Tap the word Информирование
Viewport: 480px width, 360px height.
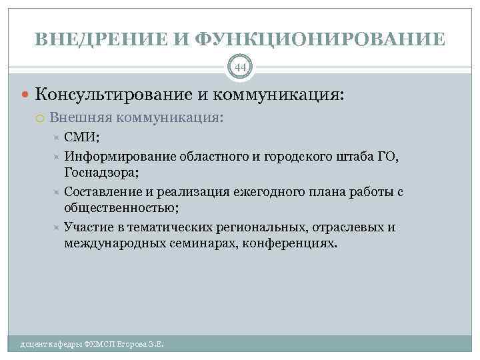(x=119, y=157)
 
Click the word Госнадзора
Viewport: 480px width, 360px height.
(x=100, y=172)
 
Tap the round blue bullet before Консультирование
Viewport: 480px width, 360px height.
(x=25, y=94)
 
